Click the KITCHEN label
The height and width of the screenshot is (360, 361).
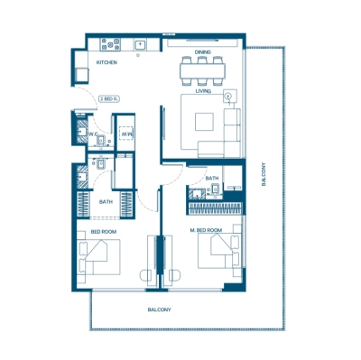[x=108, y=62]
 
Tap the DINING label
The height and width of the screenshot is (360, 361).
[x=202, y=52]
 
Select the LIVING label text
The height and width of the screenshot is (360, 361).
[x=203, y=89]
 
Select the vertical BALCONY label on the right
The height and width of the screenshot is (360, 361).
[x=264, y=174]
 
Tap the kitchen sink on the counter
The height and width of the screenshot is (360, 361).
[x=140, y=43]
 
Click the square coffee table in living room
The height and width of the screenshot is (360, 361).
[x=203, y=120]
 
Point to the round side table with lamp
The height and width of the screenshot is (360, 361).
[x=228, y=95]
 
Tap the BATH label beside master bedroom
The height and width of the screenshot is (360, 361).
[x=211, y=179]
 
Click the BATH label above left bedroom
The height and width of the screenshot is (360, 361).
[x=106, y=202]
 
